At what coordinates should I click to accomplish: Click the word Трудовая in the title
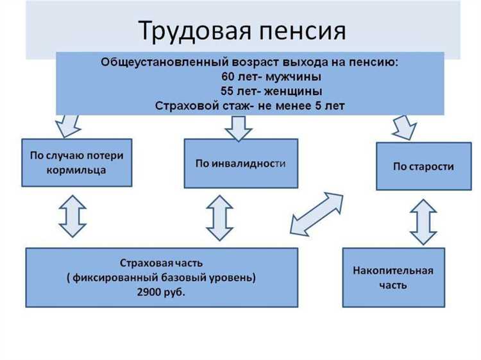[x=190, y=31]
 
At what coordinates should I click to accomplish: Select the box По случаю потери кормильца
[x=76, y=163]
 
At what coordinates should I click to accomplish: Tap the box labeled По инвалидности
[x=240, y=163]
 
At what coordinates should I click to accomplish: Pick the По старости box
[x=423, y=166]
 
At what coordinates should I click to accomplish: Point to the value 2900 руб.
[x=161, y=293]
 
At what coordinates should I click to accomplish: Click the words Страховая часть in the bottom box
[x=161, y=263]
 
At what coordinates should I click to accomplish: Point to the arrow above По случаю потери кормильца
[x=67, y=126]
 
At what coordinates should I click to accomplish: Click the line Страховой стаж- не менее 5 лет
[x=250, y=105]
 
